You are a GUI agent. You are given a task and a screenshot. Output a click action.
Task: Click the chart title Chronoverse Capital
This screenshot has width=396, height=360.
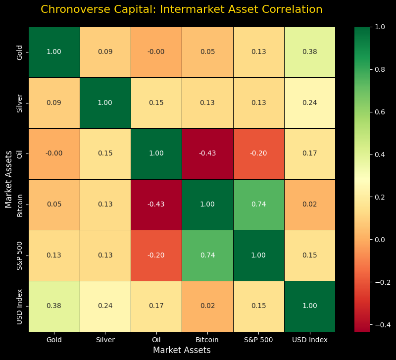tap(181, 9)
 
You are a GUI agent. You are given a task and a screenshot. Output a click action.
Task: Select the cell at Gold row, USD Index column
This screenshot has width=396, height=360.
tap(309, 52)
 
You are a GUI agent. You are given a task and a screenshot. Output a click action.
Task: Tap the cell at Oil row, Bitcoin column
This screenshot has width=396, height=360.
tap(207, 154)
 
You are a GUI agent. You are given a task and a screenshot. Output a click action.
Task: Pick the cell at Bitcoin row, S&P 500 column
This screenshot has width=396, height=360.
tap(258, 205)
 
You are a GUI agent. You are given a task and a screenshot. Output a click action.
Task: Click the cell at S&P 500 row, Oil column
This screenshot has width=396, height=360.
tap(156, 256)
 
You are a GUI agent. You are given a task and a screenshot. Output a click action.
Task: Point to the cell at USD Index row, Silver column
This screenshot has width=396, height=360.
tap(105, 306)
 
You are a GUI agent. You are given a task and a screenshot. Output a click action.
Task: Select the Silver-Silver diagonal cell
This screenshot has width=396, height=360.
tap(105, 103)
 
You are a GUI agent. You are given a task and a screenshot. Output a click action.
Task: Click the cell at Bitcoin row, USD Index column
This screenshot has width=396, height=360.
tap(309, 205)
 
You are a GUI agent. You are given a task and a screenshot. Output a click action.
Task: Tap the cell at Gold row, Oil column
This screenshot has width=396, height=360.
tap(156, 52)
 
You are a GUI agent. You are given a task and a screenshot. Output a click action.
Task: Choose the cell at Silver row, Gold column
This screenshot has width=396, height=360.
tap(54, 103)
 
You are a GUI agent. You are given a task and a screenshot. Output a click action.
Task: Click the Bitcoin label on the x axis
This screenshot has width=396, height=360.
tap(207, 340)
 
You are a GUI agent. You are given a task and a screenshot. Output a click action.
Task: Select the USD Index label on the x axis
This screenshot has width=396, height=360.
tap(309, 340)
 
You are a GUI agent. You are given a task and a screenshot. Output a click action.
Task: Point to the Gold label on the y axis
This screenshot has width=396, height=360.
tap(19, 52)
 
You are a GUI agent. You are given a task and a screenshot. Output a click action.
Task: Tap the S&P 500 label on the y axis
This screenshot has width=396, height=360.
tap(19, 256)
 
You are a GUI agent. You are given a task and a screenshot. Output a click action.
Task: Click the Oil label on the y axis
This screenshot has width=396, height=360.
tap(19, 154)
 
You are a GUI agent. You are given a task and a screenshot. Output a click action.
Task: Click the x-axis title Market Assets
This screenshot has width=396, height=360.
tap(182, 350)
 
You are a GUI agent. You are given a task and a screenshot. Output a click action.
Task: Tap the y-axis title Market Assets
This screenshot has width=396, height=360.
tap(8, 179)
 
